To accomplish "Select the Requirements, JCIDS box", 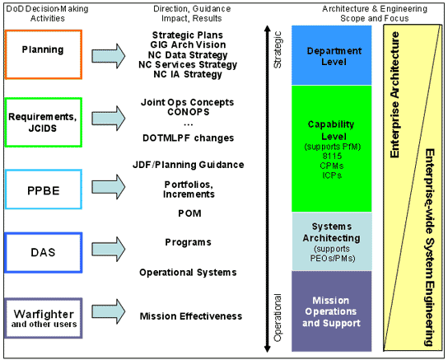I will (x=43, y=123).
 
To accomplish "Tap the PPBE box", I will (x=43, y=192).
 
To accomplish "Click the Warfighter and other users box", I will (x=43, y=317).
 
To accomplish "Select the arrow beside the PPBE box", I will (x=105, y=192).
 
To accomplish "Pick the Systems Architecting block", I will (x=332, y=241).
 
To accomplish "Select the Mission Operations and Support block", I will (x=332, y=311).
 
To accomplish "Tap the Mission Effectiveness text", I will (x=191, y=316).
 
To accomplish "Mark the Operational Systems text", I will (x=188, y=272).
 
